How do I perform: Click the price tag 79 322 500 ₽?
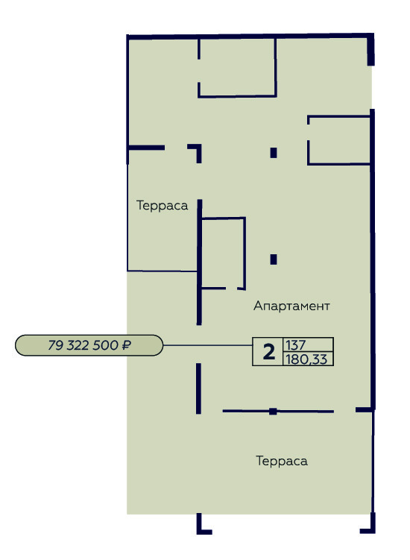(x=89, y=345)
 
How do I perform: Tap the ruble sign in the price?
(x=126, y=345)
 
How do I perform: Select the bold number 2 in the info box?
(x=268, y=352)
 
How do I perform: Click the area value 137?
(x=296, y=345)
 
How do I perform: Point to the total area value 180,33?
(x=306, y=359)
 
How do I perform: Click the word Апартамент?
(x=291, y=306)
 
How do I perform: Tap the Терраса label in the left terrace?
(x=163, y=205)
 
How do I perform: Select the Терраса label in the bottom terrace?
(x=282, y=461)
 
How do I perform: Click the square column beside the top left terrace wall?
(x=274, y=153)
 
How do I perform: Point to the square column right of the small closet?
(x=274, y=259)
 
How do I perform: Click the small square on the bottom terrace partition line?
(x=273, y=411)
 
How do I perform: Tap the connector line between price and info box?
(x=208, y=345)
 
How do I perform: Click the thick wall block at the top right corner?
(x=370, y=50)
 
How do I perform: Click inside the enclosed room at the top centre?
(x=237, y=67)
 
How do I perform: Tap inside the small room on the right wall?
(x=339, y=140)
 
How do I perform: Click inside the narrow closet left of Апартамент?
(x=223, y=253)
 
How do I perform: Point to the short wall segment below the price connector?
(x=198, y=388)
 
